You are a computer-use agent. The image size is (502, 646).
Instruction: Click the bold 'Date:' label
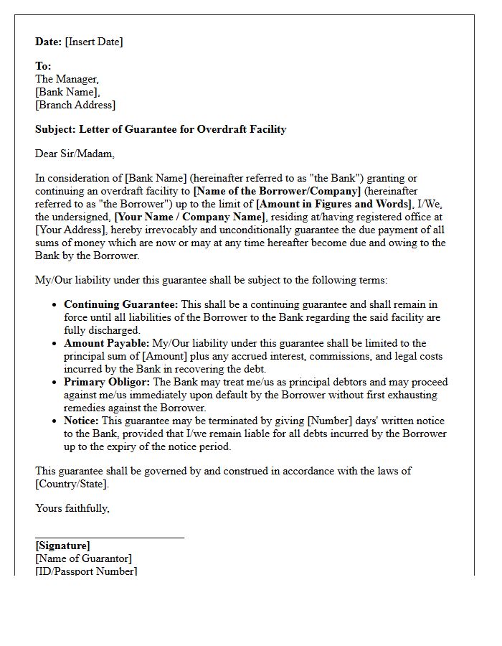(49, 42)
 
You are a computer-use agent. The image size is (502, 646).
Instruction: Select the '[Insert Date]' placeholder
(94, 42)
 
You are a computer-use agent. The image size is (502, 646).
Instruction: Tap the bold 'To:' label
(43, 66)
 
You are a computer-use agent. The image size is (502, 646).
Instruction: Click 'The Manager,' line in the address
(67, 79)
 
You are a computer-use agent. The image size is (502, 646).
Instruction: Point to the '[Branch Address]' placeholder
(75, 105)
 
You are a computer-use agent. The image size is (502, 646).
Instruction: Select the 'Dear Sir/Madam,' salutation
(75, 154)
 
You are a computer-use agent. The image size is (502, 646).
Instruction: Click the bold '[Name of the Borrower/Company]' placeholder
(278, 191)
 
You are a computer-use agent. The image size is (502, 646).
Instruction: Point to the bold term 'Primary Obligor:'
(108, 382)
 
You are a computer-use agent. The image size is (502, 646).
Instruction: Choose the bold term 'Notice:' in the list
(81, 421)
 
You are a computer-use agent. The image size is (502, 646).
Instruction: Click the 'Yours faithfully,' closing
(72, 508)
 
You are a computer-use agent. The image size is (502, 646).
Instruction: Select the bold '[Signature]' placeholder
(63, 546)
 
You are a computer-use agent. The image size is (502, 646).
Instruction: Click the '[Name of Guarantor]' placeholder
(84, 558)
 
